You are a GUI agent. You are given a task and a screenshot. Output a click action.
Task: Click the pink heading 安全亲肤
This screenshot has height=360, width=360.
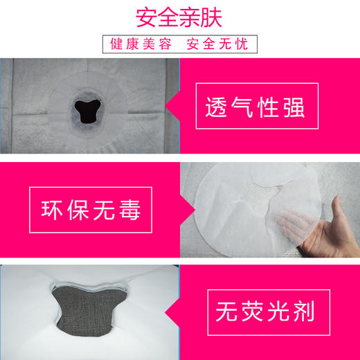point(180,15)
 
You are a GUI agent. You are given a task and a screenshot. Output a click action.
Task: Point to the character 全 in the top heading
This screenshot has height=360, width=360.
point(165,15)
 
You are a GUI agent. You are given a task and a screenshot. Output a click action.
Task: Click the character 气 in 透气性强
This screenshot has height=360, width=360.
point(242,109)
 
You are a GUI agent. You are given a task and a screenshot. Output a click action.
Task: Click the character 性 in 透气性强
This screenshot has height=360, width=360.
point(267,109)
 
